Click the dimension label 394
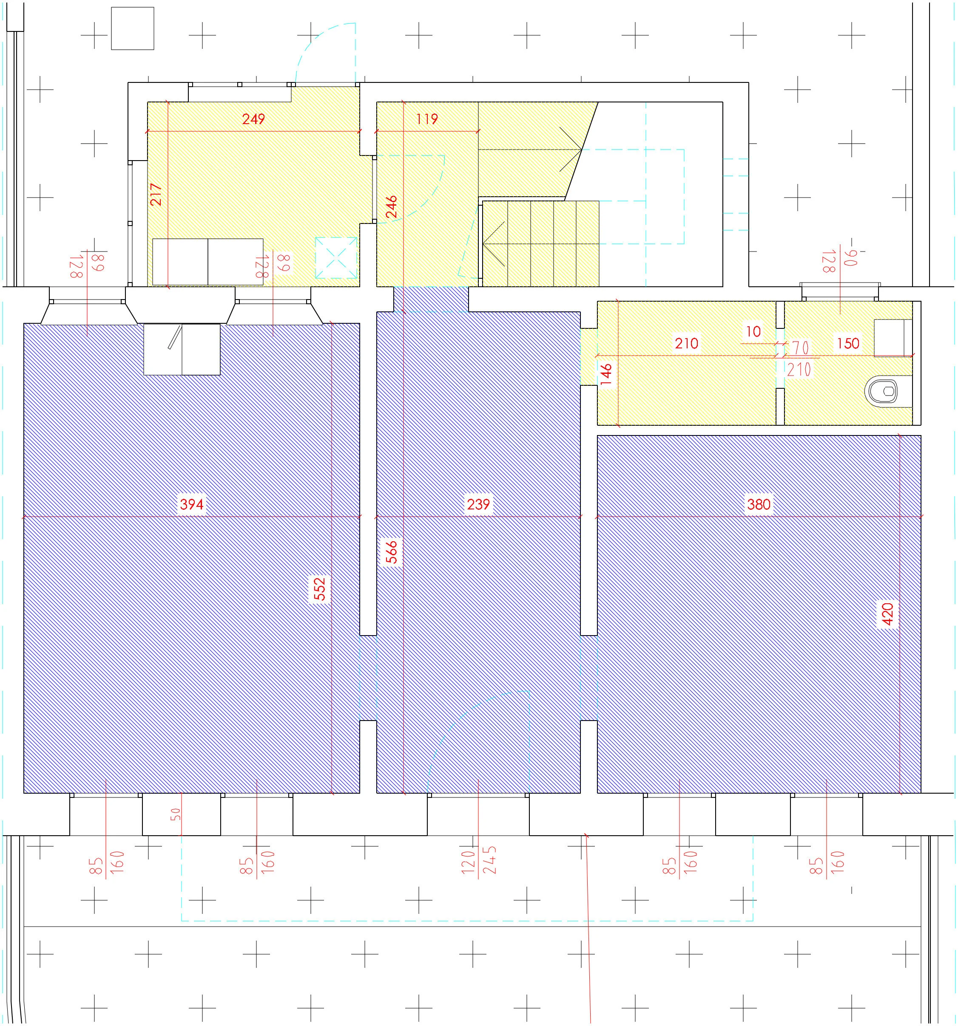click(x=192, y=504)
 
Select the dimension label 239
click(x=478, y=504)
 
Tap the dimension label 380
click(x=759, y=504)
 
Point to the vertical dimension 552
click(x=320, y=589)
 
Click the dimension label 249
click(x=253, y=119)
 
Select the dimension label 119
click(x=427, y=119)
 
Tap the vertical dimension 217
click(x=156, y=195)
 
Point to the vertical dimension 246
click(x=392, y=206)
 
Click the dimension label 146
click(x=606, y=374)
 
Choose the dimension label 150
click(x=848, y=343)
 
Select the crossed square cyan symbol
click(x=336, y=257)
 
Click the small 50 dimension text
click(x=176, y=814)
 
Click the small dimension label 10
click(x=753, y=331)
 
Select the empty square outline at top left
click(x=133, y=28)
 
